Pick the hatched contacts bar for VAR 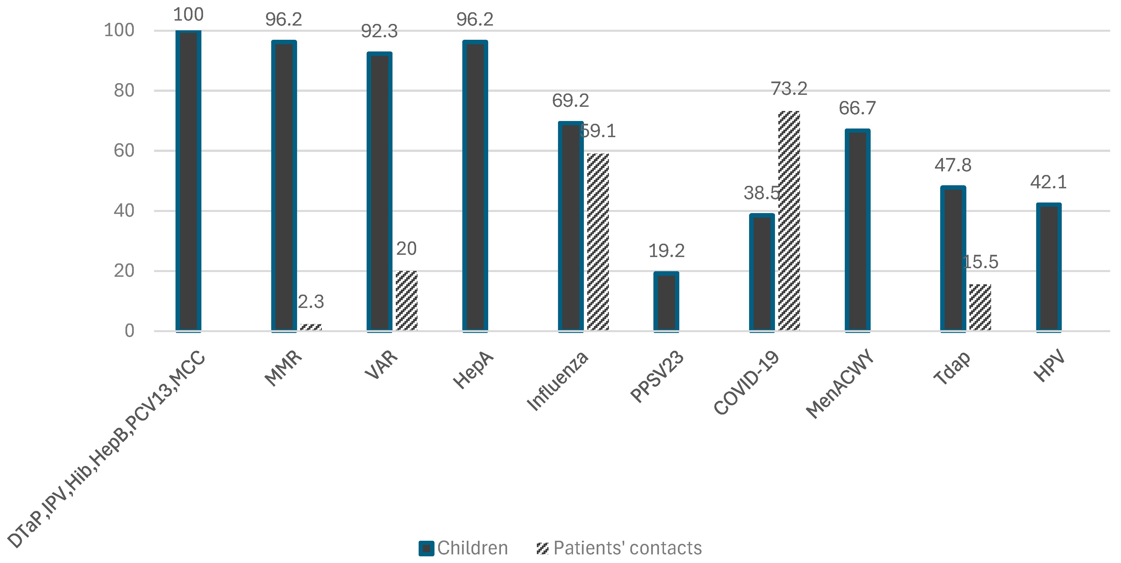pos(406,301)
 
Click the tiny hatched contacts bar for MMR pos(311,327)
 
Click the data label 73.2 pos(789,89)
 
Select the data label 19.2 pos(666,251)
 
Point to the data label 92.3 pos(379,31)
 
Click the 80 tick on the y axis pos(124,90)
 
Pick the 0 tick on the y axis pos(129,331)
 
